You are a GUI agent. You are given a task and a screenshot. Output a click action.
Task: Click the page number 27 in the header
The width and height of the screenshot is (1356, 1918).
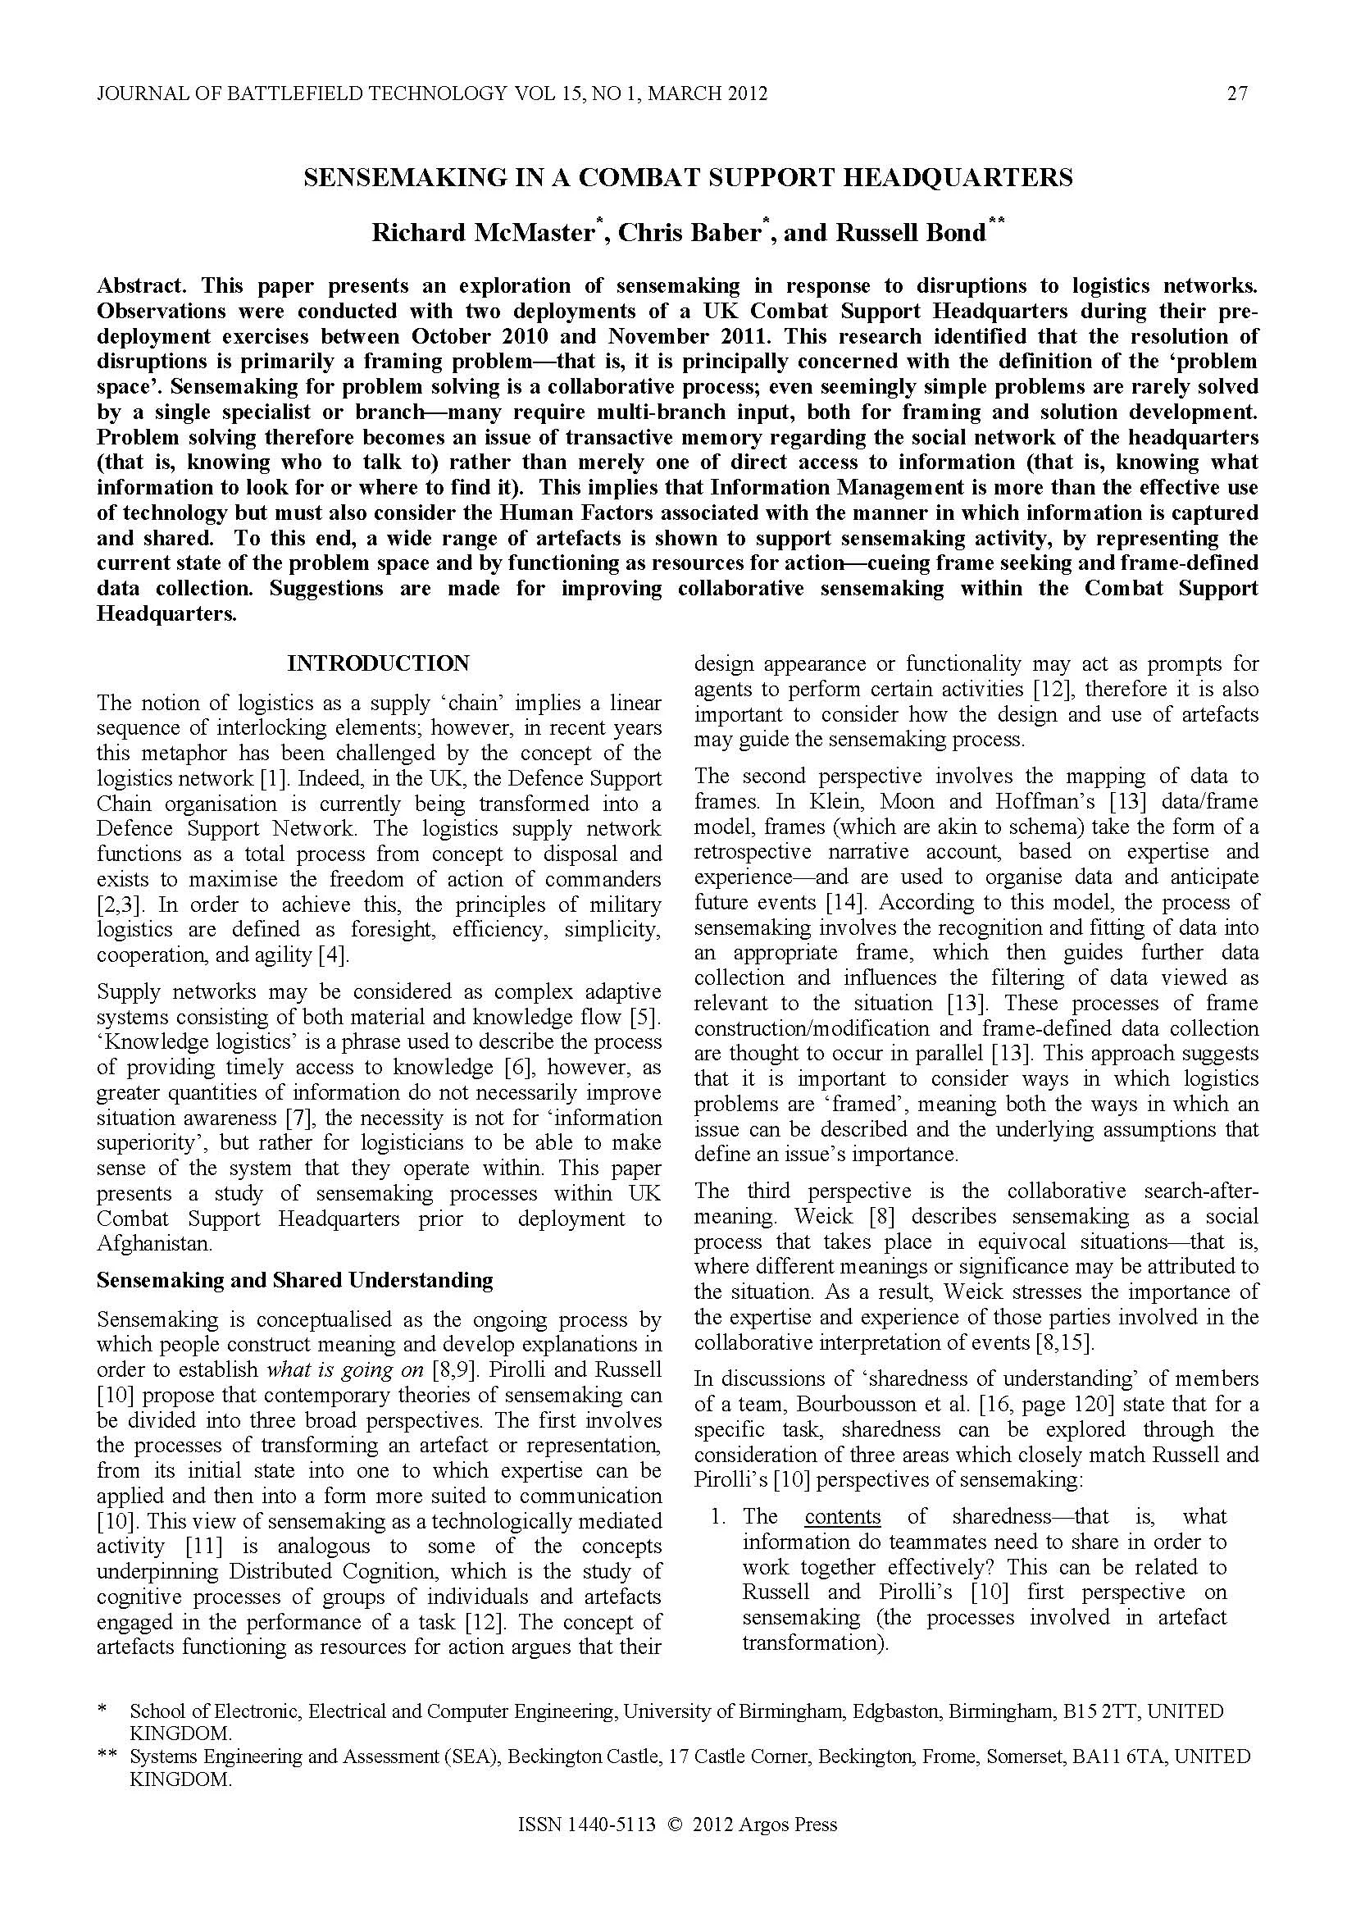click(1237, 93)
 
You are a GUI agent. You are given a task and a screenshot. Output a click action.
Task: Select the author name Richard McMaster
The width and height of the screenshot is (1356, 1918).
click(482, 232)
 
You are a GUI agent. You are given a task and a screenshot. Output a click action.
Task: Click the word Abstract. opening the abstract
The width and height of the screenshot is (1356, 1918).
click(141, 285)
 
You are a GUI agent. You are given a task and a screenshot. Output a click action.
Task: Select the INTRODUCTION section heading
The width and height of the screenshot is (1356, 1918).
click(378, 663)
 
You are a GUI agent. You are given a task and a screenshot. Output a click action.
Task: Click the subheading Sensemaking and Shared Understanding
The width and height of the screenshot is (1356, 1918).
click(295, 1281)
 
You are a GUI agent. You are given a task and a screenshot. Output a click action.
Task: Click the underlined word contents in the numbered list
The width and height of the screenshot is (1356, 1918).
click(843, 1517)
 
